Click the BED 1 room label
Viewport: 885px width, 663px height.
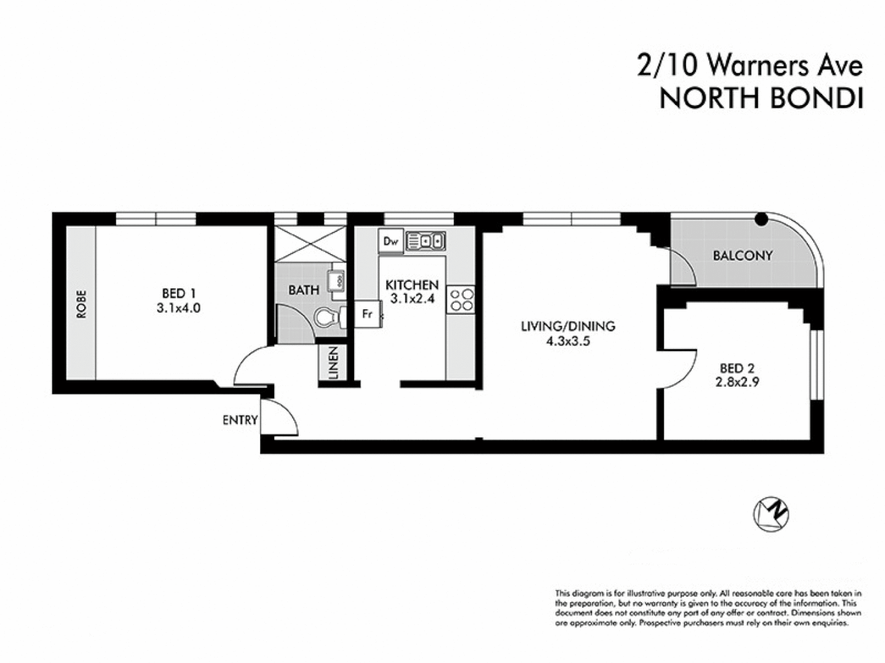(x=179, y=293)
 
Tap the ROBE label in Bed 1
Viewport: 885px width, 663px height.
(x=81, y=304)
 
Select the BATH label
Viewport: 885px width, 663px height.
(x=304, y=290)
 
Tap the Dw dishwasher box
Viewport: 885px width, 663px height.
(x=391, y=241)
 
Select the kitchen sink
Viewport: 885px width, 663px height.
(x=425, y=241)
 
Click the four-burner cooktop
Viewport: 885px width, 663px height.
(x=462, y=300)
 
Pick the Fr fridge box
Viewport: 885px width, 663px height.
(x=368, y=314)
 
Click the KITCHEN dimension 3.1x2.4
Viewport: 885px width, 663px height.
(x=412, y=300)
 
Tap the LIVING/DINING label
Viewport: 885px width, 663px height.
(x=567, y=326)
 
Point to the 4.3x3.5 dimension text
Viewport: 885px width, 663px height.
(x=567, y=342)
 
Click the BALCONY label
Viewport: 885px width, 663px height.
(x=742, y=255)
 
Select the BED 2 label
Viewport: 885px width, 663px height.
(x=737, y=368)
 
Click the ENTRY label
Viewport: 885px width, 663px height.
(x=240, y=421)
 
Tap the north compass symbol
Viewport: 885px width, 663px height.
(x=771, y=513)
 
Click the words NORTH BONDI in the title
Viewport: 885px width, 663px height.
(x=761, y=98)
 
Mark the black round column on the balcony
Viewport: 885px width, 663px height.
(x=761, y=219)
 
